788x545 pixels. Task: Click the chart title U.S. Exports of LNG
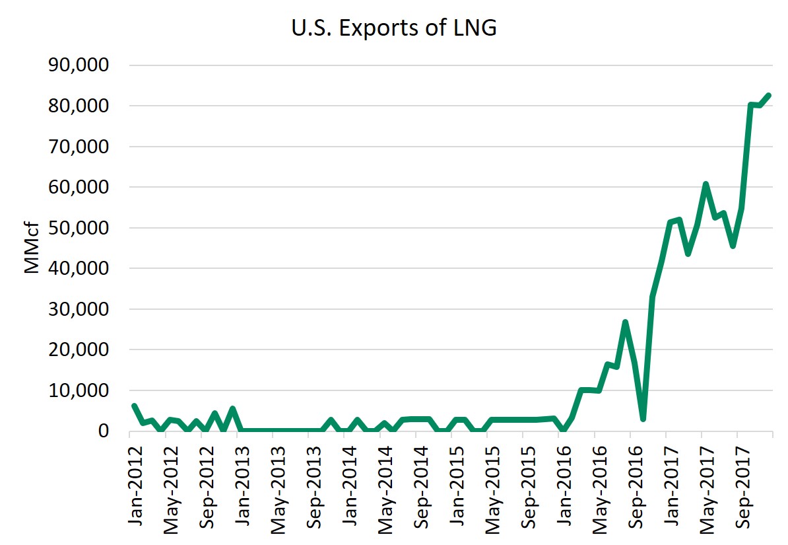pyautogui.click(x=394, y=29)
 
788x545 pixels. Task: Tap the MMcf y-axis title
pyautogui.click(x=32, y=248)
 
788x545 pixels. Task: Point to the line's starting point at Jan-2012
pyautogui.click(x=134, y=406)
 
